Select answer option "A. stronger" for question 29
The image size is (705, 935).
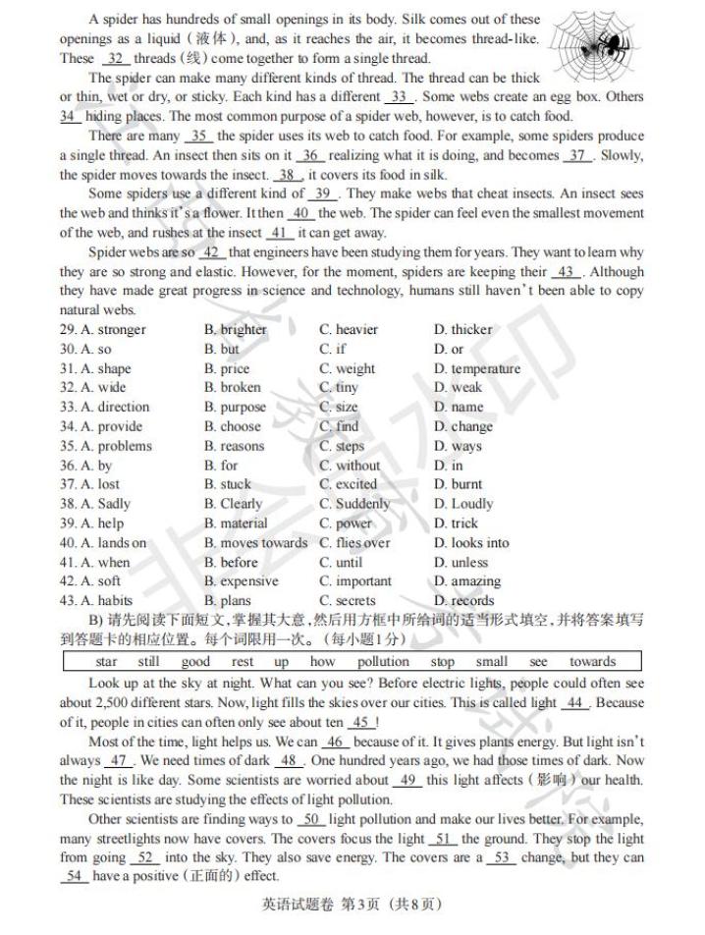pos(102,330)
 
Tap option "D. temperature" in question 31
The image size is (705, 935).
pos(477,369)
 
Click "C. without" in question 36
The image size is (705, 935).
pos(350,466)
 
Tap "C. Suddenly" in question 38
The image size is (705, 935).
pos(354,504)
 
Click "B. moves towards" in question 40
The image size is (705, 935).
pos(255,543)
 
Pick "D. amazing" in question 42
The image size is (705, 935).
pos(467,581)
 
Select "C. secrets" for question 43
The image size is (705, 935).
pos(348,601)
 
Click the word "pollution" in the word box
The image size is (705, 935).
pos(383,662)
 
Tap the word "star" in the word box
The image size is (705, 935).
pos(106,662)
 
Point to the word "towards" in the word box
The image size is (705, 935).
pos(592,662)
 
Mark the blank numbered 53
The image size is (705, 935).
pos(502,857)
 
